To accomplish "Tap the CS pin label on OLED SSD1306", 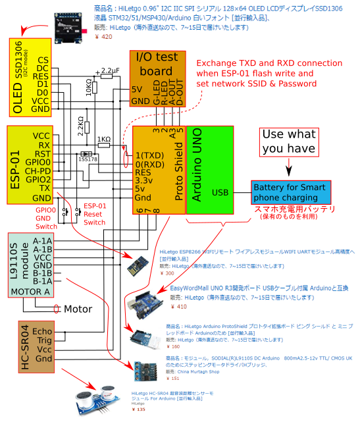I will click(43, 59).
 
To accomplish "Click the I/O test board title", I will click(157, 64).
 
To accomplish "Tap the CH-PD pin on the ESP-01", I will click(38, 170).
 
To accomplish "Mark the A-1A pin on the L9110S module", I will click(42, 241).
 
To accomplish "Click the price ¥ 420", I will click(105, 37).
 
